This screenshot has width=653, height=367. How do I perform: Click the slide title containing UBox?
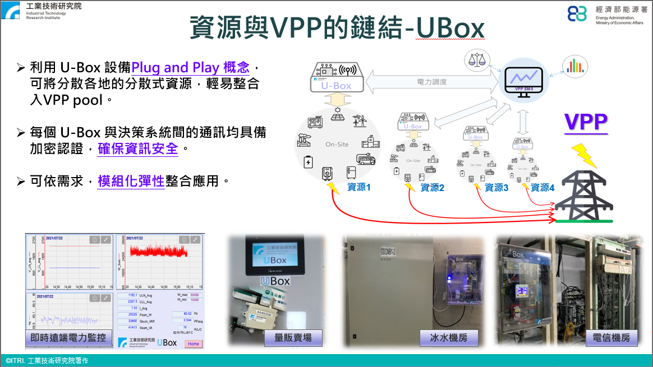click(x=336, y=28)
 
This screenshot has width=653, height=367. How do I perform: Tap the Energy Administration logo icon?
click(x=577, y=14)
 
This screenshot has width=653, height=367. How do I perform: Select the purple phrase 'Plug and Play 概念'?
click(x=190, y=68)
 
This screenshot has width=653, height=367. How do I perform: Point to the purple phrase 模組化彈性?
click(x=131, y=182)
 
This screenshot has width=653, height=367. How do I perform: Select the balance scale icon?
click(x=477, y=61)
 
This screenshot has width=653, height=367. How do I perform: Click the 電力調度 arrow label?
click(x=432, y=82)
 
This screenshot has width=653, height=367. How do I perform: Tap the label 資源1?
click(x=359, y=187)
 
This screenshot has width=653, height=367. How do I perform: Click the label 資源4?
click(x=542, y=188)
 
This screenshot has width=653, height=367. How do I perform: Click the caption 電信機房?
click(x=611, y=337)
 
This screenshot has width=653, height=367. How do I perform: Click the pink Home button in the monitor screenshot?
click(x=194, y=343)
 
